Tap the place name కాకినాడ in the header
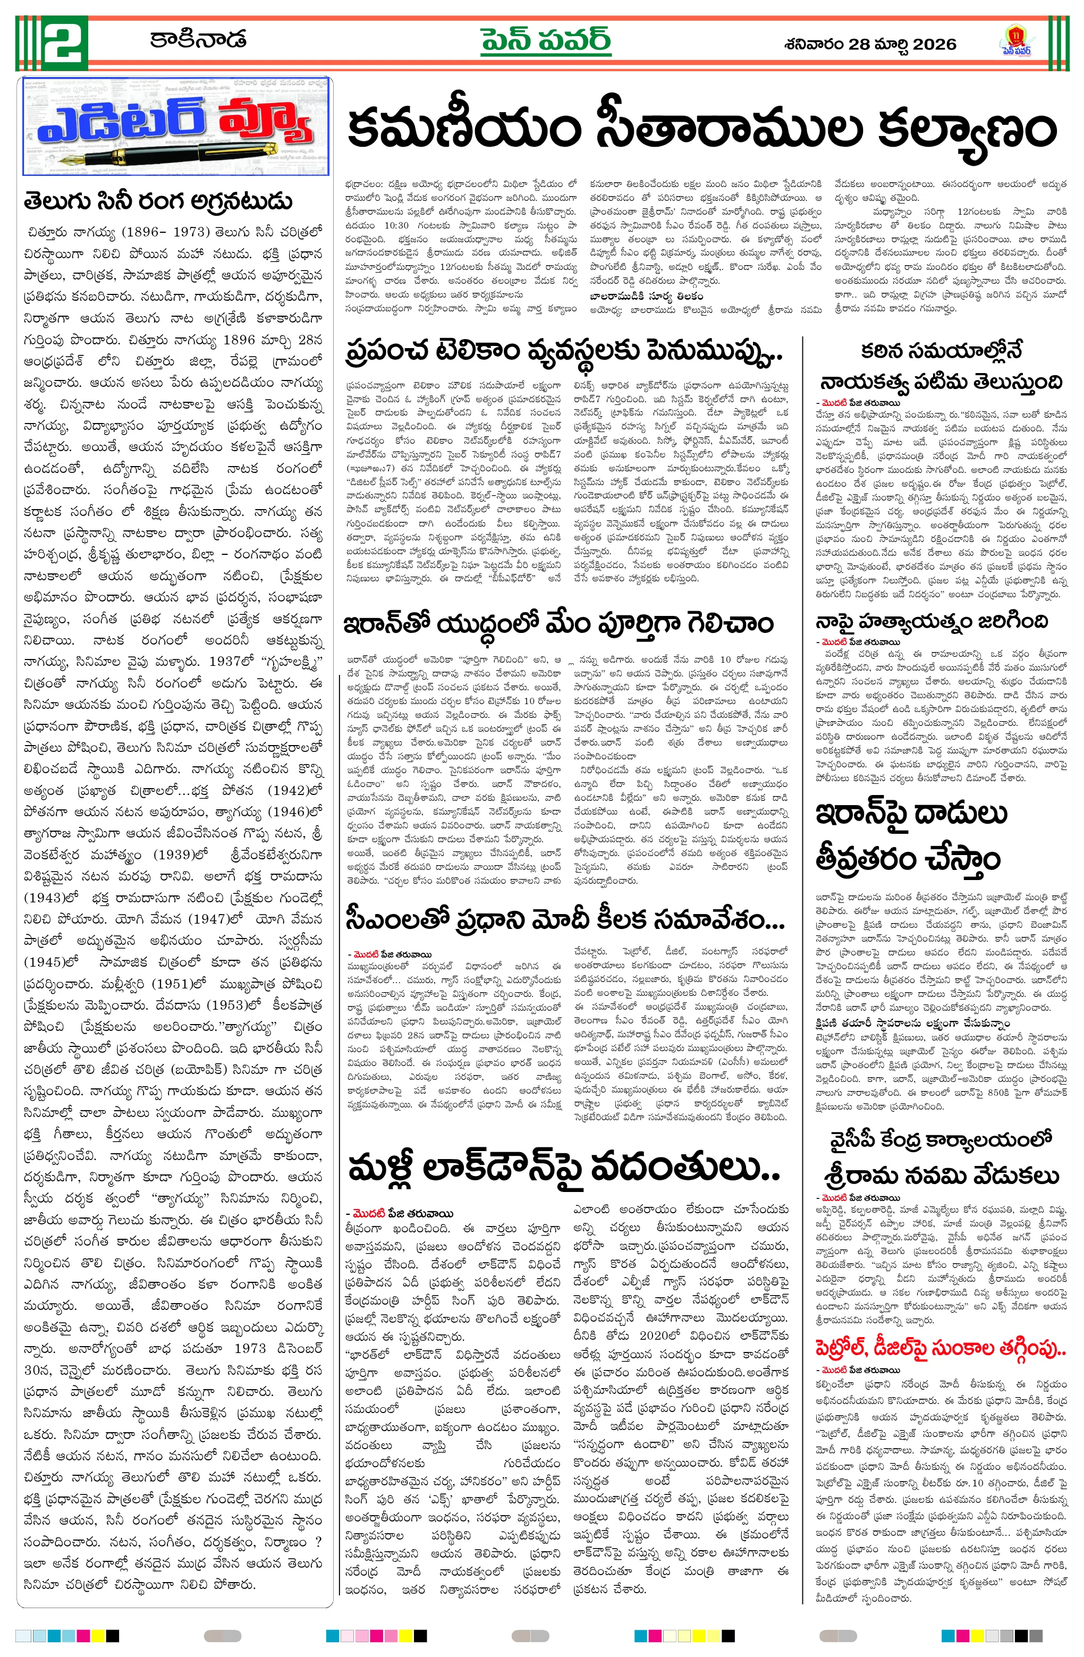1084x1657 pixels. tap(198, 40)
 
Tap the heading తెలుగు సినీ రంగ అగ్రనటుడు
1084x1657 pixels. tap(157, 202)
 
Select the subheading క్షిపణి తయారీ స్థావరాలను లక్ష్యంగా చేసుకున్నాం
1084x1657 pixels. tap(913, 1024)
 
